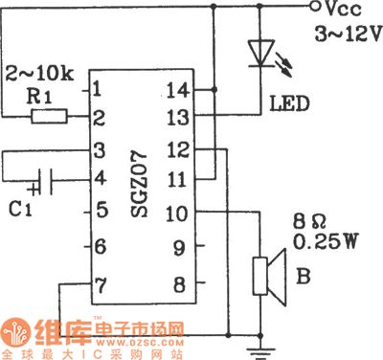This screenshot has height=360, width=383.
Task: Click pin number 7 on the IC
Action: (x=99, y=285)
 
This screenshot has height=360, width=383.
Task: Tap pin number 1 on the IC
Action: (x=99, y=90)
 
